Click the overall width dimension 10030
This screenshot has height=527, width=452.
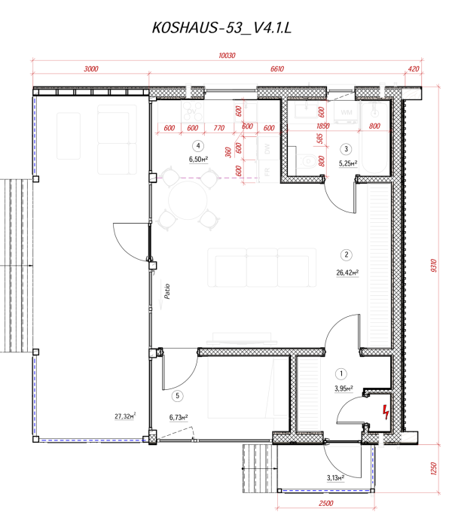click(227, 56)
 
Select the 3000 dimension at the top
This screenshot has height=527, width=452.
click(91, 69)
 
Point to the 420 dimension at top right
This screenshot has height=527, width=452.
click(413, 69)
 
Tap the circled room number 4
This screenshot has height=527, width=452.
click(197, 146)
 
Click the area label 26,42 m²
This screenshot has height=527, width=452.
click(347, 273)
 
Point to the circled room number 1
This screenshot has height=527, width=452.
click(342, 373)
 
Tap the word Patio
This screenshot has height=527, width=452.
click(165, 291)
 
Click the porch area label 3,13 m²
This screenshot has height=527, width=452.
click(334, 477)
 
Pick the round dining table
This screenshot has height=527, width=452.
click(185, 200)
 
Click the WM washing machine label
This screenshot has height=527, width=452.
click(347, 112)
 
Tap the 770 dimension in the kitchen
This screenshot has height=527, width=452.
click(219, 128)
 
